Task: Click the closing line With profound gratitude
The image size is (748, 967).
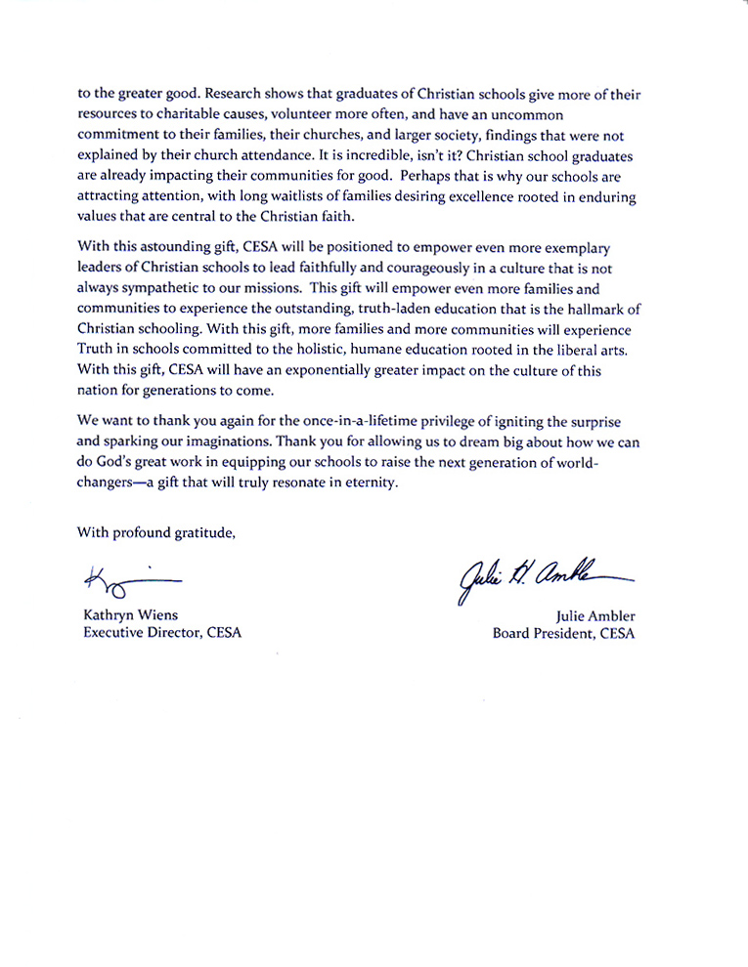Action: (x=155, y=532)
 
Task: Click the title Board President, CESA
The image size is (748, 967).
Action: (x=563, y=632)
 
